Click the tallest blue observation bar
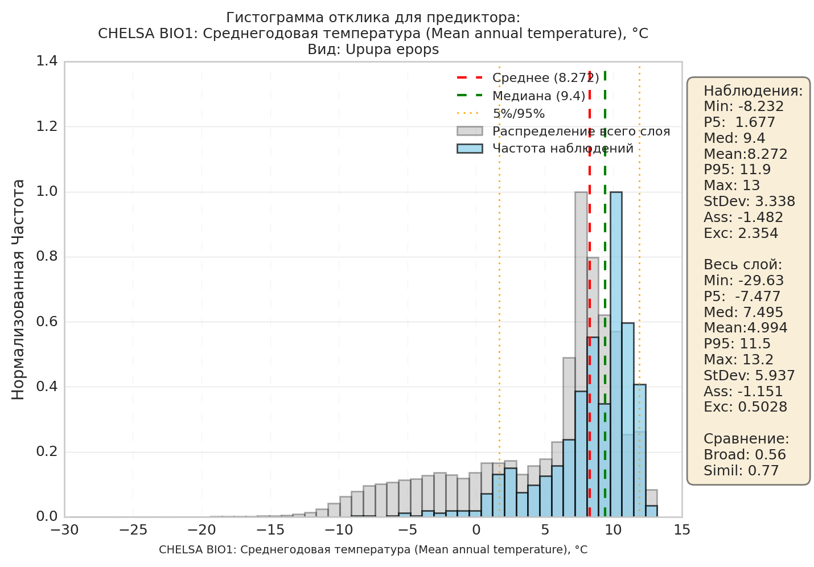pos(616,354)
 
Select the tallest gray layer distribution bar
pos(581,354)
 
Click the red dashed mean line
pos(589,294)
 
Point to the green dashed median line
pos(605,294)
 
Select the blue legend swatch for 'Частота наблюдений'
pos(470,149)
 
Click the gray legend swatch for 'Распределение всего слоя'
pos(470,131)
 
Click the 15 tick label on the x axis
pos(682,531)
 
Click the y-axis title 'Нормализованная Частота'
pos(18,290)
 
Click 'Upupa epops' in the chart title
pos(392,50)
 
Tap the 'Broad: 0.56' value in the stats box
pos(745,455)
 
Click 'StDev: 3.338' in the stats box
pos(749,202)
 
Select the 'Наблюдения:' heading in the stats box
pos(753,91)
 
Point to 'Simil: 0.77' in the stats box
pos(741,471)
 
